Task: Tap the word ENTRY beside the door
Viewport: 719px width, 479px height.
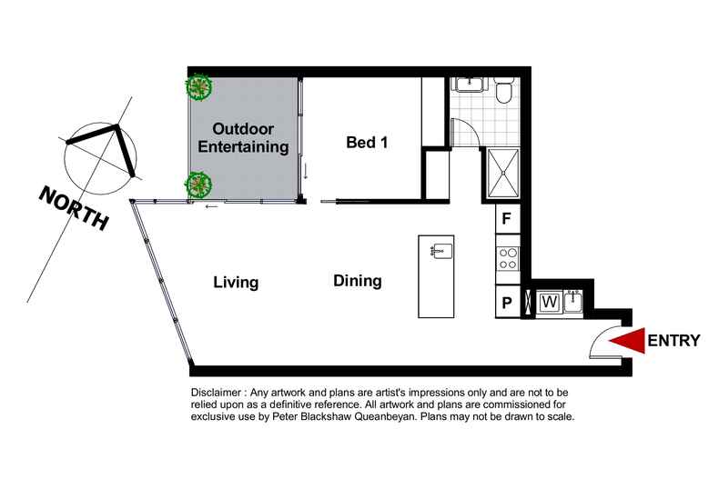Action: (673, 341)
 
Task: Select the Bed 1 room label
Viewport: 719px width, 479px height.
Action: (367, 143)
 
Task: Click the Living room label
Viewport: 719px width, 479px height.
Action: (236, 282)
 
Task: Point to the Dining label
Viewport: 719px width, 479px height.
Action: (357, 281)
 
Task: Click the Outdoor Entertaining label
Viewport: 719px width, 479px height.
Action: (243, 138)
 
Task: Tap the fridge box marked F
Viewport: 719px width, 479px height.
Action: (508, 218)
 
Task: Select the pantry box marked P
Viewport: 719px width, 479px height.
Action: (508, 303)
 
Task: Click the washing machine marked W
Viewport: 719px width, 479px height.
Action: (550, 303)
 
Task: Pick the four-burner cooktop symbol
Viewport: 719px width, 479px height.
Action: (508, 259)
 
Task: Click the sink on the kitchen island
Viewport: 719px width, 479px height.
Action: (442, 252)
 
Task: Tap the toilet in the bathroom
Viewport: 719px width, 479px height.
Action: (505, 91)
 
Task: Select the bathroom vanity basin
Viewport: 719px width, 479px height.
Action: (469, 85)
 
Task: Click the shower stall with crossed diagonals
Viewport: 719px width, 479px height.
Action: (503, 174)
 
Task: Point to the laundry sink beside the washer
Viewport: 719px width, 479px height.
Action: (572, 302)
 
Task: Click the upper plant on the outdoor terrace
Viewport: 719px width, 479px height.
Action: (198, 87)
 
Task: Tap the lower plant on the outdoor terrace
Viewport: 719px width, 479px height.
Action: (198, 185)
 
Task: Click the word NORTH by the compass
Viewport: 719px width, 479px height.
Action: (74, 209)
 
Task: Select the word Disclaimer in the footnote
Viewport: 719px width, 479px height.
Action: (216, 393)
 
